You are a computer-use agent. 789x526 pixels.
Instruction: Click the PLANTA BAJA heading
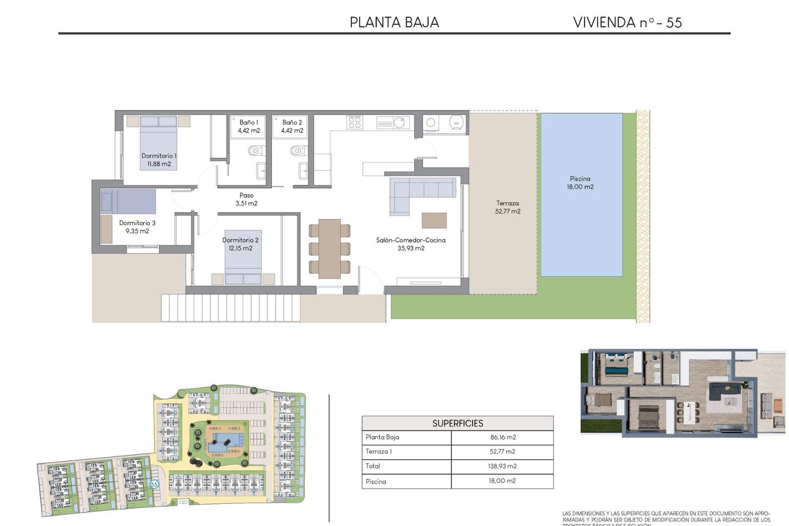[x=394, y=22]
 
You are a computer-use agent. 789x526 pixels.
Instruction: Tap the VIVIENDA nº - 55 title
[x=627, y=22]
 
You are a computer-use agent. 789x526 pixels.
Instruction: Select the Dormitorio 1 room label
[x=159, y=160]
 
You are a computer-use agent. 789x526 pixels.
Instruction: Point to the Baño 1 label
[x=249, y=127]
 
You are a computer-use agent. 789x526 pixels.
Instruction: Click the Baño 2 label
[x=292, y=127]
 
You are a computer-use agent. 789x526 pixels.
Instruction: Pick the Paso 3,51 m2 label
[x=247, y=199]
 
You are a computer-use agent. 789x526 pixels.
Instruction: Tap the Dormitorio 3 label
[x=137, y=227]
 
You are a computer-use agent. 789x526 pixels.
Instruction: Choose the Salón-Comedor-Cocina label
[x=411, y=244]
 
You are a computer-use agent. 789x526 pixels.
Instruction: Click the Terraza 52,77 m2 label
[x=508, y=207]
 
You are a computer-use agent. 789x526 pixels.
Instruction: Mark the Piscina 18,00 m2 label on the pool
[x=580, y=182]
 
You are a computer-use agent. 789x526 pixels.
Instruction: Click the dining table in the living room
[x=329, y=249]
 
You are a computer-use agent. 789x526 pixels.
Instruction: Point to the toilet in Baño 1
[x=255, y=151]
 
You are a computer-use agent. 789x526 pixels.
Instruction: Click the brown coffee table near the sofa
[x=434, y=220]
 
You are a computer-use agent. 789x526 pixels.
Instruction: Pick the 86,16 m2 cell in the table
[x=503, y=437]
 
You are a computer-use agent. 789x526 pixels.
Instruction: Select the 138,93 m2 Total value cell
[x=503, y=466]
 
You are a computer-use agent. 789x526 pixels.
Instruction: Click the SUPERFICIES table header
[x=457, y=423]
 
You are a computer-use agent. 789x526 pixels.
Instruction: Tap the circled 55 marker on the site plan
[x=154, y=484]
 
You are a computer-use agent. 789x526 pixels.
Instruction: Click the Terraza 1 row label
[x=378, y=451]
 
